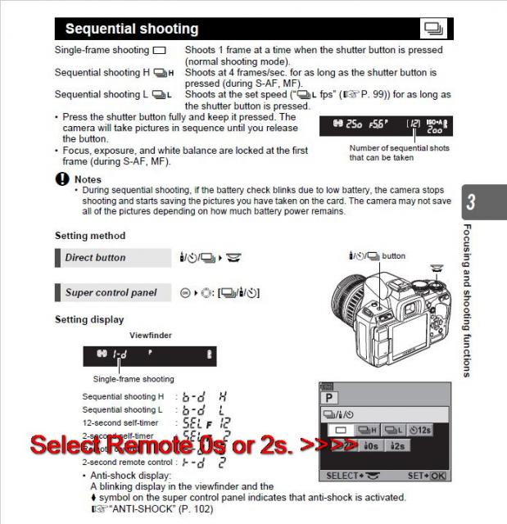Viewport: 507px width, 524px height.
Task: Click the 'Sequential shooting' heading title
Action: click(131, 29)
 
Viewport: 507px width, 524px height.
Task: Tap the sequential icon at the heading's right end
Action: click(433, 29)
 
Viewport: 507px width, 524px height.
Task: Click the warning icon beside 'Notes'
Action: click(61, 179)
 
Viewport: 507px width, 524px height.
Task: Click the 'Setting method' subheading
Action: click(90, 236)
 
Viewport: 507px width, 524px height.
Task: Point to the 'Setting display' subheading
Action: click(89, 319)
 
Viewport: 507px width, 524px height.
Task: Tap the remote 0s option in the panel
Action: click(369, 446)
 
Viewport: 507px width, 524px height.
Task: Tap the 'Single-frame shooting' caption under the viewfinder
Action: click(134, 379)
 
